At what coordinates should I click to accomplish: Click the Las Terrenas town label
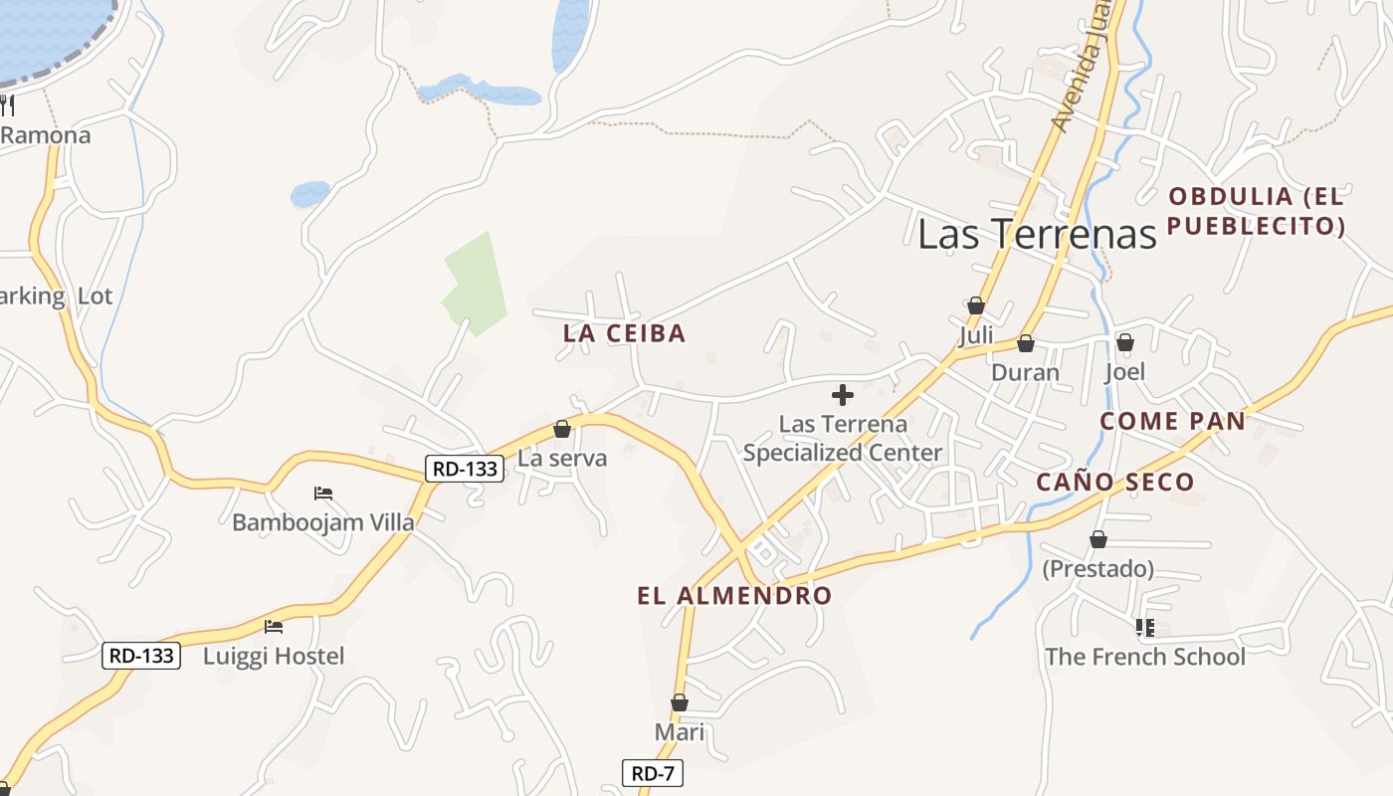click(1037, 234)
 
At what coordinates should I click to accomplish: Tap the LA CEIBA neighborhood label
click(625, 333)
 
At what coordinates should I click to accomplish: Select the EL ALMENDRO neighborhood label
click(734, 596)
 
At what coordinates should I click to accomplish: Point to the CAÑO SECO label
click(1114, 483)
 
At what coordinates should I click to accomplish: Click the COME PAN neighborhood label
click(1172, 421)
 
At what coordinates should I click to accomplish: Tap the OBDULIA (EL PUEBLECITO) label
click(1256, 211)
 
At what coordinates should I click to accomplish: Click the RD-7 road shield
click(653, 773)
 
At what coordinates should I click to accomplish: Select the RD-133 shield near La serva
click(465, 469)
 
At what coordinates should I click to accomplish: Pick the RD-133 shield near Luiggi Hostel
click(141, 656)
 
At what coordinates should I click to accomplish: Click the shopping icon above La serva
click(562, 429)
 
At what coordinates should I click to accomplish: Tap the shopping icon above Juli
click(976, 305)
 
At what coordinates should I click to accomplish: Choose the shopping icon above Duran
click(1026, 343)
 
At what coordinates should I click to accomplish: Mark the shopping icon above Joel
click(1125, 342)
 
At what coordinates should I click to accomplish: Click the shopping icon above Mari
click(680, 702)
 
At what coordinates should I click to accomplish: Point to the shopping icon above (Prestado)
click(1098, 539)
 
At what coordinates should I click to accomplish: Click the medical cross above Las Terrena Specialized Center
click(843, 395)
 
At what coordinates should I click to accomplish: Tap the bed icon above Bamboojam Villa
click(322, 493)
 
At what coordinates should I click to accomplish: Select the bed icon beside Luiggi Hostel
click(274, 627)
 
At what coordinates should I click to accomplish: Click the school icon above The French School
click(1144, 627)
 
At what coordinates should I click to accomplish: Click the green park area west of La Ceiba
click(475, 284)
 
